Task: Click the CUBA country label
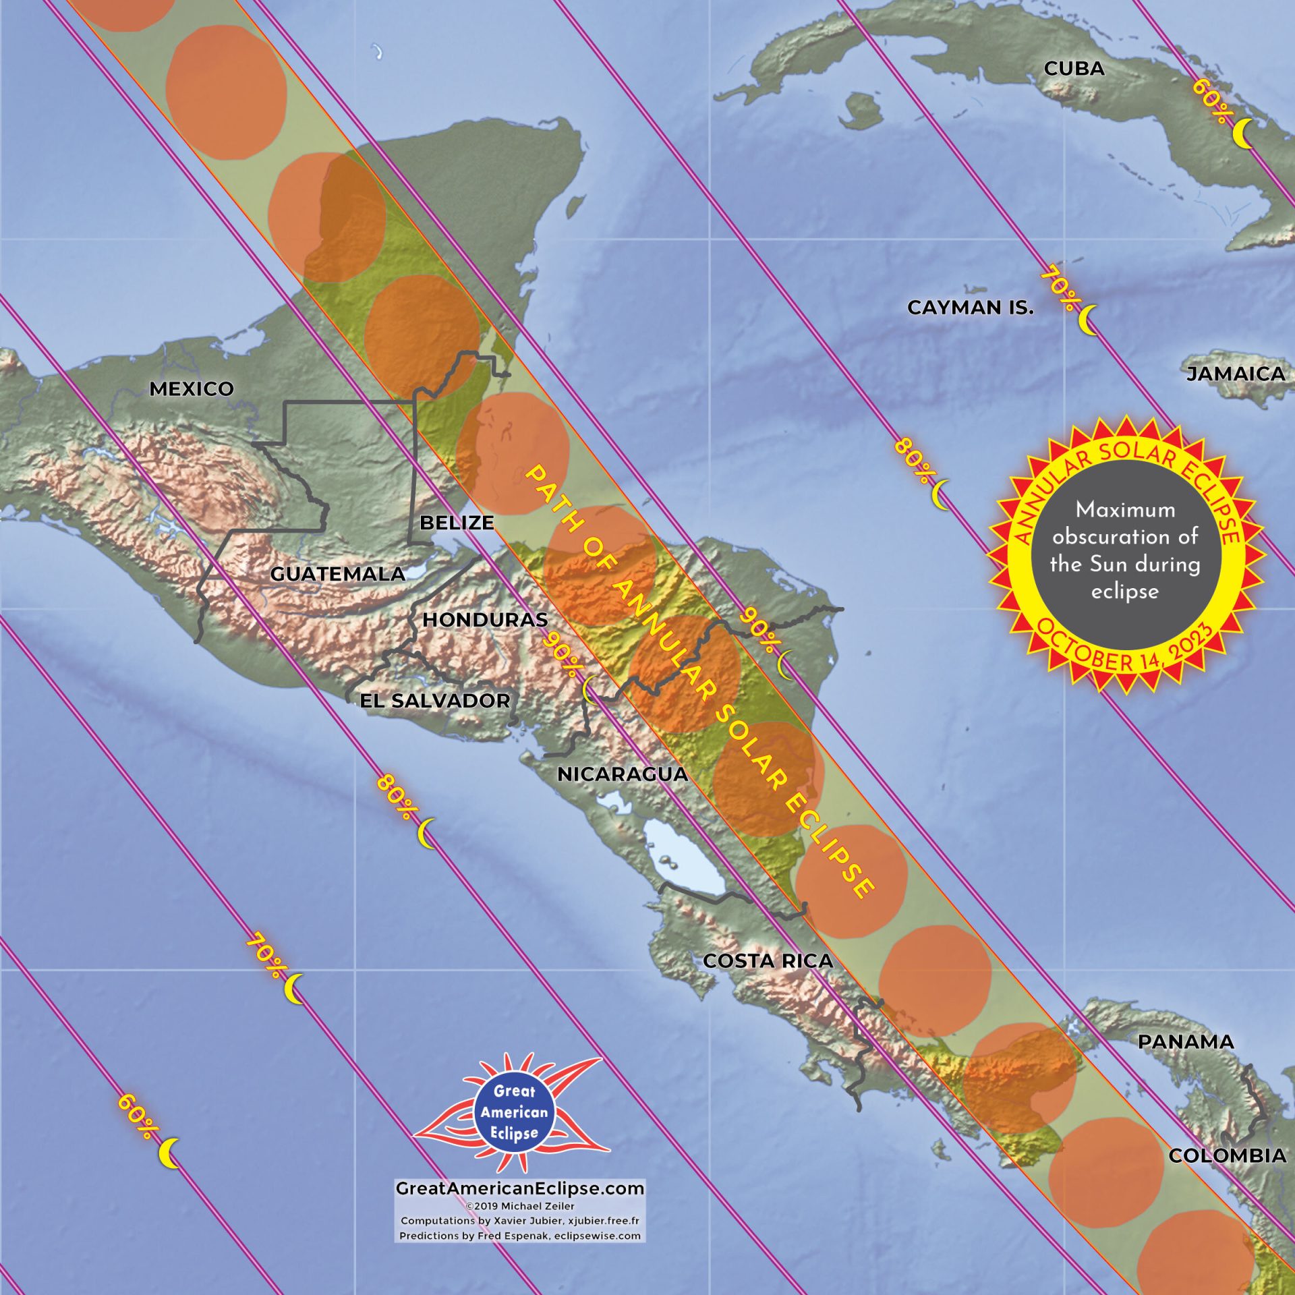coord(1074,69)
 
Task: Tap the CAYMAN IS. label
coord(970,308)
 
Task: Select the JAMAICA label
coord(1236,374)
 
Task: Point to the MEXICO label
coord(192,388)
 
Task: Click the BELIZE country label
coord(457,522)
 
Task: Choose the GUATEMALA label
coord(338,574)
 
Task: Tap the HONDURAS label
coord(485,619)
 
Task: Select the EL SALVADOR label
coord(435,700)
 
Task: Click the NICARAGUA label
coord(623,774)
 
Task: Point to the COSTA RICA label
coord(768,960)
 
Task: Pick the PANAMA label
coord(1186,1041)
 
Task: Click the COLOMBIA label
coord(1228,1155)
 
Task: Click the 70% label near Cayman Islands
coord(1061,291)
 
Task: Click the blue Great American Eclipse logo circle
coord(514,1112)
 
